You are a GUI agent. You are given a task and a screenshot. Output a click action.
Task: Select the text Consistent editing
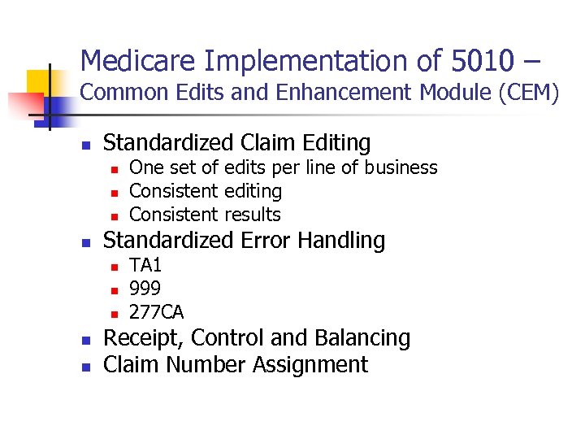tap(206, 191)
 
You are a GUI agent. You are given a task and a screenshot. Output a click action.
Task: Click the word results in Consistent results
tap(251, 215)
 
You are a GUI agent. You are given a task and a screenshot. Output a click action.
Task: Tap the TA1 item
tap(145, 265)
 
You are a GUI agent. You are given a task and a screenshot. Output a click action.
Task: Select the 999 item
tap(145, 289)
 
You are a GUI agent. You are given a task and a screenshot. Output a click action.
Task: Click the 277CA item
tap(157, 312)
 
